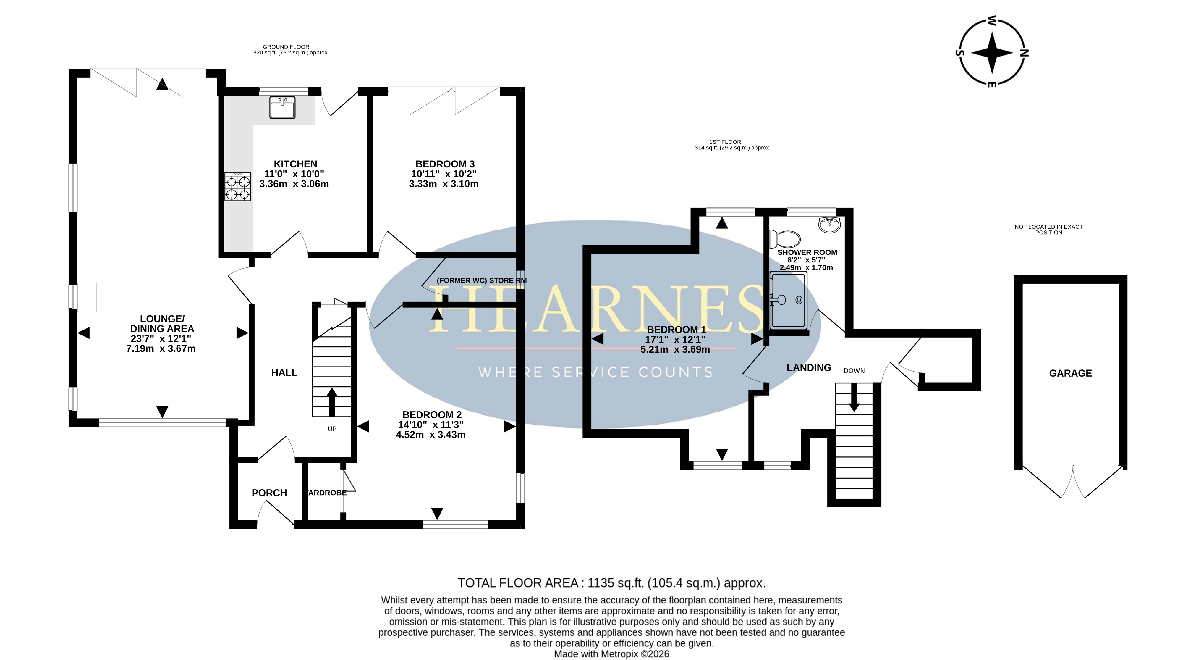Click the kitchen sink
pos(282,107)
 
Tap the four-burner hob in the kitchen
pos(238,187)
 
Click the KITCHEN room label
pos(295,164)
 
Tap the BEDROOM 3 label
pos(445,164)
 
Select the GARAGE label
pos(1070,373)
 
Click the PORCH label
pos(269,493)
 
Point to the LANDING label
pos(809,368)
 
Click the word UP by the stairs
pos(332,429)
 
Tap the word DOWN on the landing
pos(854,371)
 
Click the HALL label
pos(284,372)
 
